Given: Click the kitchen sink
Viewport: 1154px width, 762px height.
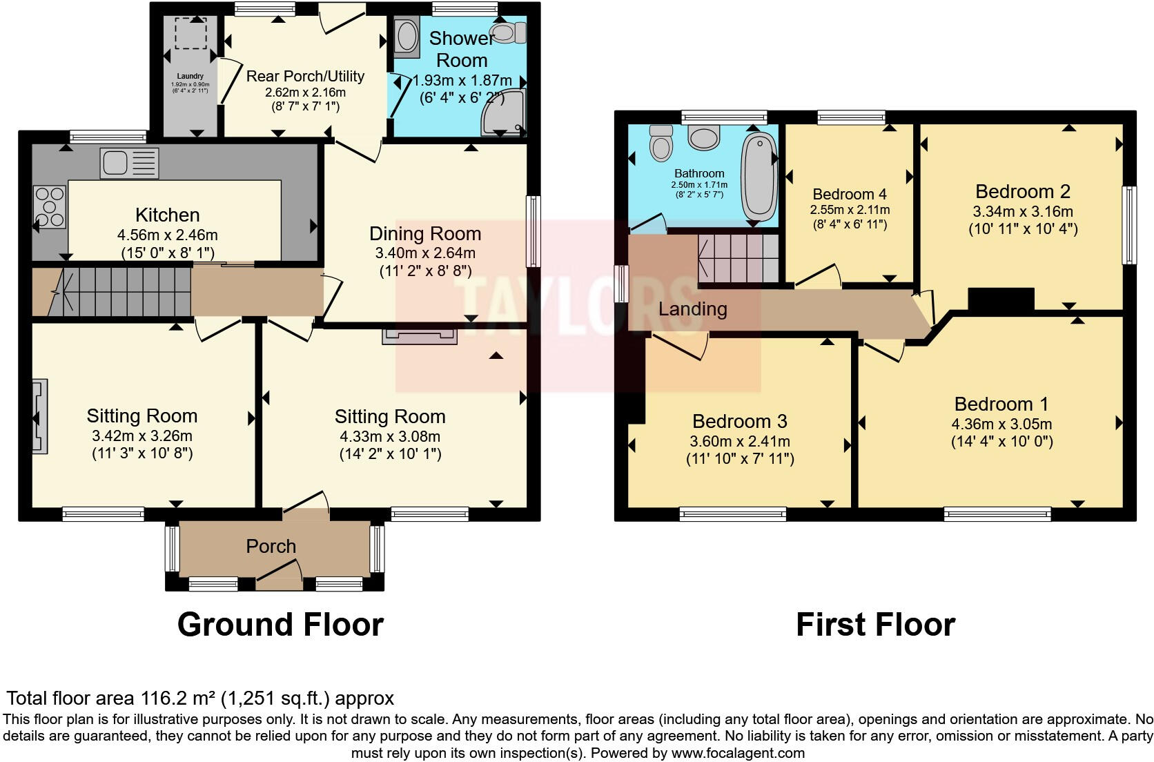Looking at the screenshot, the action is pyautogui.click(x=129, y=163).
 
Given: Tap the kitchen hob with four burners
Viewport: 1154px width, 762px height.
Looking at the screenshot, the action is pyautogui.click(x=50, y=206).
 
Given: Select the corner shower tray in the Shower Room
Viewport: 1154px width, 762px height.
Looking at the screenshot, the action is pyautogui.click(x=503, y=113).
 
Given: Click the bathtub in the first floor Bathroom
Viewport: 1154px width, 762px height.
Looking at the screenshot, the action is pyautogui.click(x=759, y=177).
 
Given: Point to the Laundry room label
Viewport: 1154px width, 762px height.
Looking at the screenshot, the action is pyautogui.click(x=190, y=76).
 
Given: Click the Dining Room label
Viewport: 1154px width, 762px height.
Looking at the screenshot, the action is pyautogui.click(x=425, y=234).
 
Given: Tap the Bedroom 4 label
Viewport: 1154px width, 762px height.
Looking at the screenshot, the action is pyautogui.click(x=850, y=194).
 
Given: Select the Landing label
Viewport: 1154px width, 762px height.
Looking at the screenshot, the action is pyautogui.click(x=692, y=309).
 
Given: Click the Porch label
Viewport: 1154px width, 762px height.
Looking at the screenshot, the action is pyautogui.click(x=271, y=546).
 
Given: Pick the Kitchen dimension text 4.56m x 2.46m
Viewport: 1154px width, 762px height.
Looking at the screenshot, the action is pyautogui.click(x=168, y=235).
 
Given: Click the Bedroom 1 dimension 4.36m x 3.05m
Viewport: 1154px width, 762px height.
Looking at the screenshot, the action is pyautogui.click(x=1001, y=424).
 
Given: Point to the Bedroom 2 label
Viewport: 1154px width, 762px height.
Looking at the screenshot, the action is pyautogui.click(x=1023, y=192).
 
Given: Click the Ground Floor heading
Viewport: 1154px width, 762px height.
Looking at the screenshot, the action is pyautogui.click(x=280, y=625).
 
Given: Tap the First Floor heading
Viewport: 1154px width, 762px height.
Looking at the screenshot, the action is pyautogui.click(x=876, y=625).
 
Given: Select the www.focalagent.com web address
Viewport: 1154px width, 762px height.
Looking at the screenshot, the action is pyautogui.click(x=738, y=753).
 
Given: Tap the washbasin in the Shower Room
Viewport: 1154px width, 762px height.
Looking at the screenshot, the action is pyautogui.click(x=407, y=36).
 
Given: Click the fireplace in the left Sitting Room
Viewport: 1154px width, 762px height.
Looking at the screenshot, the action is pyautogui.click(x=39, y=416).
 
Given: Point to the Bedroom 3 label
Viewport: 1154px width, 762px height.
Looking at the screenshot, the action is pyautogui.click(x=740, y=422).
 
